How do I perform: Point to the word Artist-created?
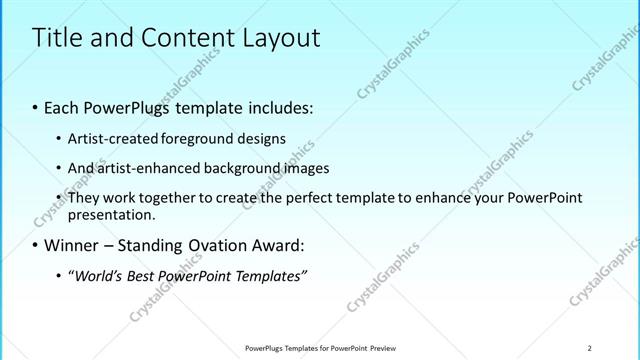pyautogui.click(x=107, y=139)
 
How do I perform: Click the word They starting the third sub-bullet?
pyautogui.click(x=83, y=197)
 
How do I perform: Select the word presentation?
pyautogui.click(x=110, y=214)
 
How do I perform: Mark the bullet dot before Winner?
pyautogui.click(x=36, y=245)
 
